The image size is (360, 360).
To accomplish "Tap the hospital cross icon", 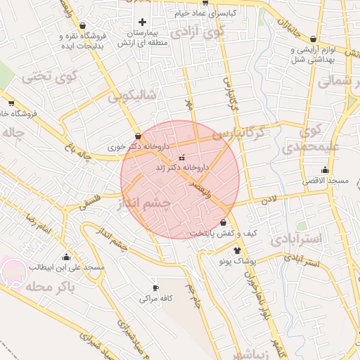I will click(143, 22).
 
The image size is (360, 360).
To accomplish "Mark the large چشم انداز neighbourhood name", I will click(156, 204).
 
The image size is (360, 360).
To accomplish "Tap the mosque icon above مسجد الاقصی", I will click(325, 169).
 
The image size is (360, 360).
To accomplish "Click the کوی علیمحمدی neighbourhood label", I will click(310, 139).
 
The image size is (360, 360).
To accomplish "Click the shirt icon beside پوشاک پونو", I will click(237, 250).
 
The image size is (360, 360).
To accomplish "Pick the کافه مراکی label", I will click(155, 298).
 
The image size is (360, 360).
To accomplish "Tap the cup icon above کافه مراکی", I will click(155, 288).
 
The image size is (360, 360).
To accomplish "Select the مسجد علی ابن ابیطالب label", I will click(66, 268).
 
